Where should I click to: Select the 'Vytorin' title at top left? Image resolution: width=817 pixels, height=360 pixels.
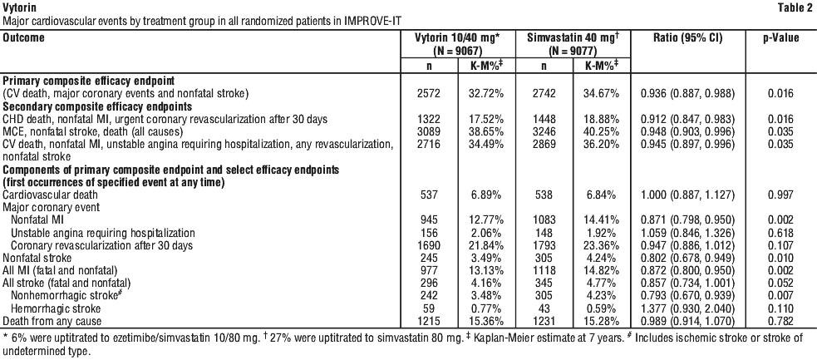pos(17,7)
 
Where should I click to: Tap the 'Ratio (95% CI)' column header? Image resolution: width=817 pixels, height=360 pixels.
pos(688,38)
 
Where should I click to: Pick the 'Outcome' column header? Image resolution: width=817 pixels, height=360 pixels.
pos(23,38)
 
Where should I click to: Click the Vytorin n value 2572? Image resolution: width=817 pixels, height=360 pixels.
pos(431,94)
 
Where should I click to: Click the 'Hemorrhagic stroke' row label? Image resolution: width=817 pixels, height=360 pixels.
pos(56,309)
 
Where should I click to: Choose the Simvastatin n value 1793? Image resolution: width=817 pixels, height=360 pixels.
pos(544,245)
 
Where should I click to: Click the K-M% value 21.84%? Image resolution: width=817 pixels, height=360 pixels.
pos(485,245)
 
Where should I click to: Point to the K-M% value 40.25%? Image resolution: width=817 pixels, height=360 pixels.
pos(600,132)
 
